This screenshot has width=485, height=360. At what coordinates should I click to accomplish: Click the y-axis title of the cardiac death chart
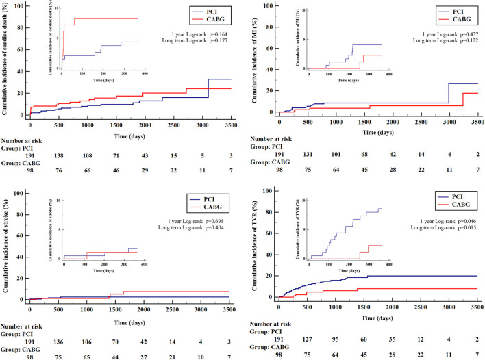click(6, 58)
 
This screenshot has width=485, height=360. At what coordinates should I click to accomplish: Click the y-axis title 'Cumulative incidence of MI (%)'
click(256, 58)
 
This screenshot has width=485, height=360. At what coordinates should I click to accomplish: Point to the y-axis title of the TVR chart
click(256, 243)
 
